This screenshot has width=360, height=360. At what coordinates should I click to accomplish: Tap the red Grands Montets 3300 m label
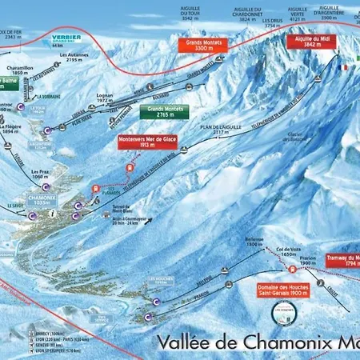coord(202,46)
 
